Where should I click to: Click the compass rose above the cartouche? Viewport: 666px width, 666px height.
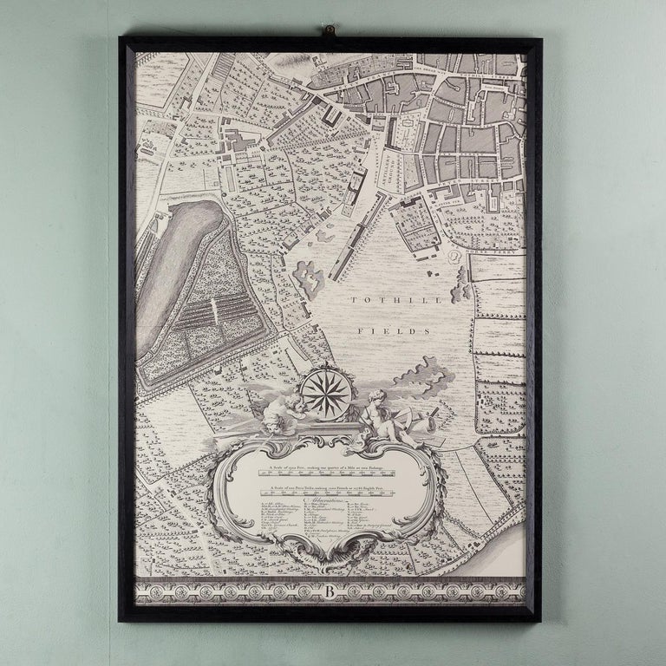[326, 393]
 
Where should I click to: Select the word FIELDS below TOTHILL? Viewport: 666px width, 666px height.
[382, 331]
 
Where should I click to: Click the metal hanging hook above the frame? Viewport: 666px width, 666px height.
[330, 33]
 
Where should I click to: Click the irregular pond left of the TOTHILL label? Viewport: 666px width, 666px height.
[310, 279]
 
